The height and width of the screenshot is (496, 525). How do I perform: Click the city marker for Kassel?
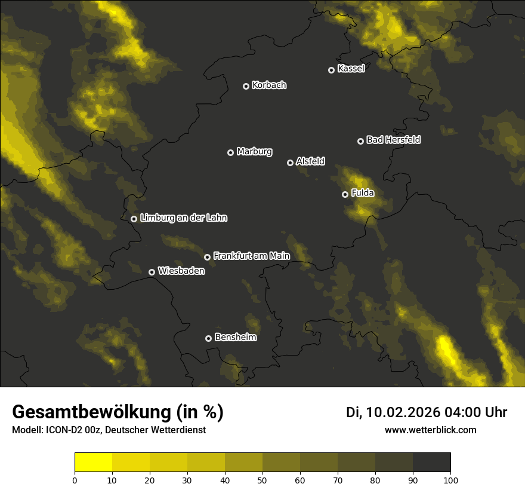click(331, 70)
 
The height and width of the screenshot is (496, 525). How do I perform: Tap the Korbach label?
click(269, 85)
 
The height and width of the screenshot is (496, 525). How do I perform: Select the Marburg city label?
click(254, 152)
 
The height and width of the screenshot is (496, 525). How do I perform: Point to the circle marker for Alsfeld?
click(290, 163)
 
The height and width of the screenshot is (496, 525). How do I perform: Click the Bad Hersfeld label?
click(393, 140)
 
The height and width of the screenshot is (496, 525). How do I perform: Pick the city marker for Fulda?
click(345, 194)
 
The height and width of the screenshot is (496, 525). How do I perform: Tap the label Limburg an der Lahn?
click(183, 218)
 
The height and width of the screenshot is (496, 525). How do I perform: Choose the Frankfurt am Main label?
click(251, 256)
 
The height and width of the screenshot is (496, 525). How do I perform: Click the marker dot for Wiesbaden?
click(152, 272)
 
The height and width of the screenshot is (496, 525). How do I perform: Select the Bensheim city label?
click(235, 337)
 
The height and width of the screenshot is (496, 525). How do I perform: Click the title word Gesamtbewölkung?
click(90, 412)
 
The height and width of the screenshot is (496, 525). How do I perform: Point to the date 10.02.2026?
click(403, 412)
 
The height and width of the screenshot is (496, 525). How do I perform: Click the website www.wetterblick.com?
click(431, 430)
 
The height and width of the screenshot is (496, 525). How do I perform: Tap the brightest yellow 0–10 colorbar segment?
click(93, 463)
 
